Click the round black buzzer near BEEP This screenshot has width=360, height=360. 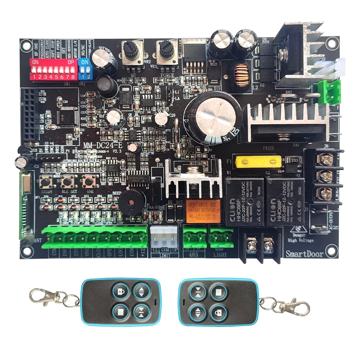[x=131, y=197]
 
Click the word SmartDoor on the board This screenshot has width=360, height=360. [x=304, y=254]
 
